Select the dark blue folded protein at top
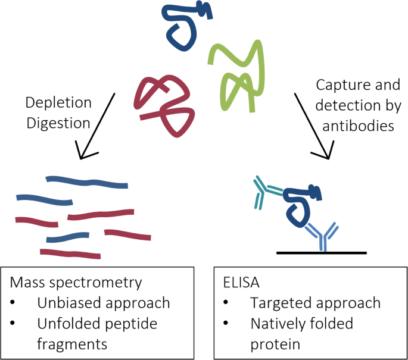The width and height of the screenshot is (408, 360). (185, 27)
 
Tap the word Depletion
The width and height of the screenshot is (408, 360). (58, 102)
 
